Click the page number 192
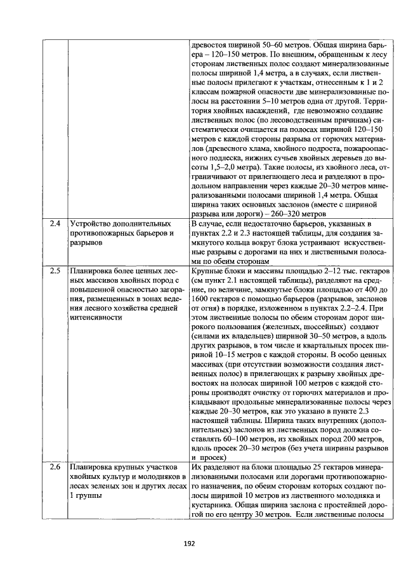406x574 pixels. (189, 543)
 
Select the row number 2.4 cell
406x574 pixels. (55, 224)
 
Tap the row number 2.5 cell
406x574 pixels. (55, 271)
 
